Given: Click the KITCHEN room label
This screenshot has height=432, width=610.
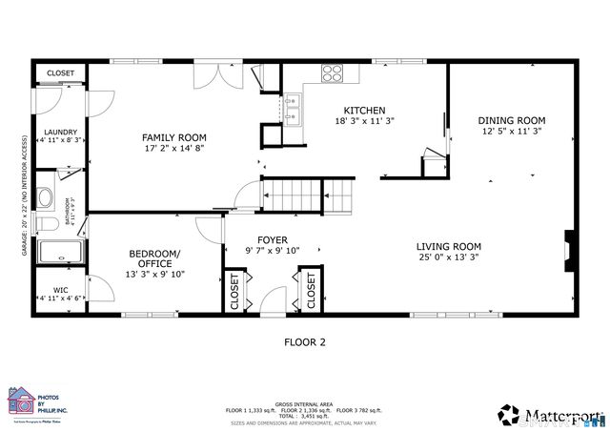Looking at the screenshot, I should (x=364, y=110).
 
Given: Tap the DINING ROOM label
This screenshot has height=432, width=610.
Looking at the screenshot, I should (x=512, y=120).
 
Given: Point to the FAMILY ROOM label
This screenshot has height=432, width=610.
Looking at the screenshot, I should (x=174, y=136).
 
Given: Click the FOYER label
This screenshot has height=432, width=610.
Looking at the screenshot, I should (x=273, y=240).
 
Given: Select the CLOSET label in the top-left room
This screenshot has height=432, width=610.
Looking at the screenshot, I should (x=60, y=73).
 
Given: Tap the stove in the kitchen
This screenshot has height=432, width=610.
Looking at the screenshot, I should (x=332, y=73).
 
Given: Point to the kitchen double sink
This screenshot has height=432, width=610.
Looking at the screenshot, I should (x=294, y=113).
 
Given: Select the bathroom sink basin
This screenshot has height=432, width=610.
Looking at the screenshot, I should (x=45, y=199).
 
